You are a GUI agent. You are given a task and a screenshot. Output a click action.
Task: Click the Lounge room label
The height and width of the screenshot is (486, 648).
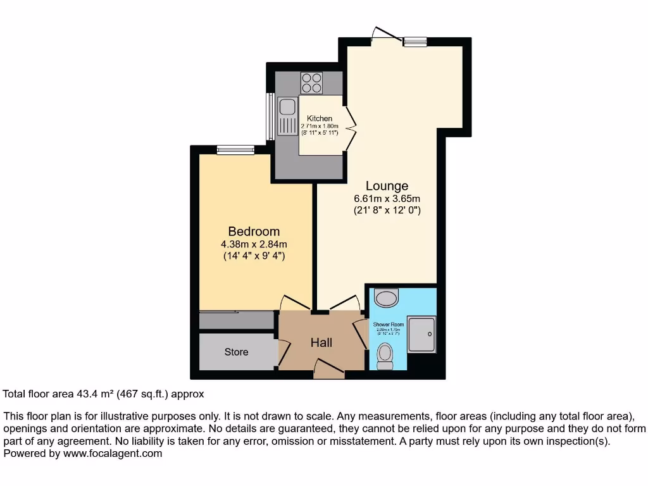click(x=387, y=186)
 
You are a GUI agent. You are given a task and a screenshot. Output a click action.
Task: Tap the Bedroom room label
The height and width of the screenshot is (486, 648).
click(x=254, y=232)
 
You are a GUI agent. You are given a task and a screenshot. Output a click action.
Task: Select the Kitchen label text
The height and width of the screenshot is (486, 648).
click(x=320, y=118)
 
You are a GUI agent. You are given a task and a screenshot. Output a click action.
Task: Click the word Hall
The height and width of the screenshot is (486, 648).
click(x=321, y=342)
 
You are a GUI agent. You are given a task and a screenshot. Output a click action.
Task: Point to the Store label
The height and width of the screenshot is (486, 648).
click(x=236, y=352)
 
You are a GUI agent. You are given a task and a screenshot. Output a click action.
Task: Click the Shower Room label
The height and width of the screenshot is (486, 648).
click(x=388, y=325)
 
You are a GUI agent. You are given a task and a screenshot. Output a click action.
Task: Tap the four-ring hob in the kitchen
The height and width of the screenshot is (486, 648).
click(x=311, y=83)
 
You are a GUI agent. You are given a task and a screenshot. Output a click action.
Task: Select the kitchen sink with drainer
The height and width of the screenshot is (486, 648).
click(x=287, y=118)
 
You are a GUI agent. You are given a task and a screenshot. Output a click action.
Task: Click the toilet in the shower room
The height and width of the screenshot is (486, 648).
click(x=385, y=356)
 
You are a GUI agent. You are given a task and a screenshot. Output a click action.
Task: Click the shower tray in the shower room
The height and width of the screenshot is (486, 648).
click(x=421, y=334)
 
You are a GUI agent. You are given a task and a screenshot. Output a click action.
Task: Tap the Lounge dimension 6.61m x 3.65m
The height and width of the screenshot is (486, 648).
click(x=387, y=199)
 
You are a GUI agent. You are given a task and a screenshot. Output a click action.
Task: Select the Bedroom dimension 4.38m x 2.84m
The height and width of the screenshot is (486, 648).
click(x=254, y=244)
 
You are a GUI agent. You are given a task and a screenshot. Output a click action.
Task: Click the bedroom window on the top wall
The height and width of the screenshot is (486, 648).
click(x=235, y=150)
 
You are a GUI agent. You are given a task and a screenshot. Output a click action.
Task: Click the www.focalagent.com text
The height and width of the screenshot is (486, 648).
click(x=111, y=453)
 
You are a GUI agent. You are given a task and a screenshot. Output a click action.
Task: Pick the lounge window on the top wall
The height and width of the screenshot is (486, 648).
click(x=415, y=42)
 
